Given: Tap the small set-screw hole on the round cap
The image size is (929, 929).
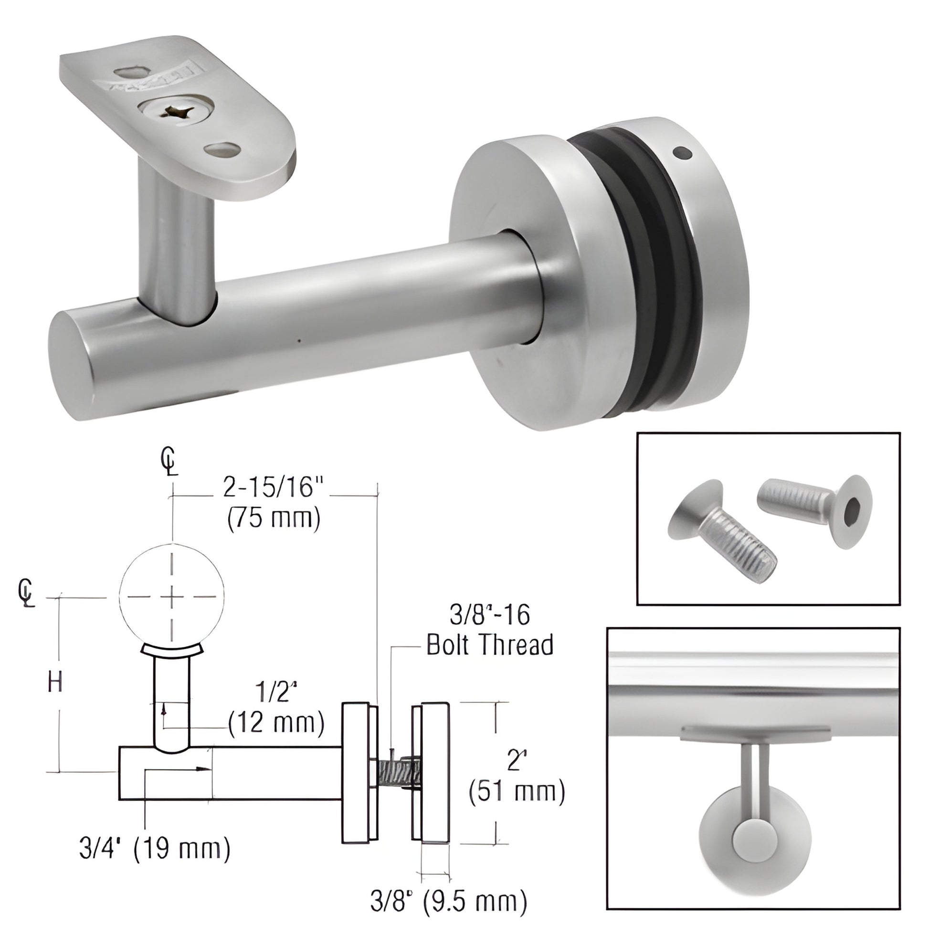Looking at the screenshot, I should [683, 154].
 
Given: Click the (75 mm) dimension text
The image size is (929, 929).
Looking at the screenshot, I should [274, 519].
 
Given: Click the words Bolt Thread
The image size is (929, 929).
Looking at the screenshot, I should [489, 645].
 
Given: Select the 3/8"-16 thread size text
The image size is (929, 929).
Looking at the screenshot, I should [489, 615].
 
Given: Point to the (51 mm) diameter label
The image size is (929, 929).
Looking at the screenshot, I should [517, 791].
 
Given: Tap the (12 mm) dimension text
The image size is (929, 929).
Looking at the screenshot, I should [276, 723].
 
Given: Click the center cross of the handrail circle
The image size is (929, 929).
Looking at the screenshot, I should [172, 597].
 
